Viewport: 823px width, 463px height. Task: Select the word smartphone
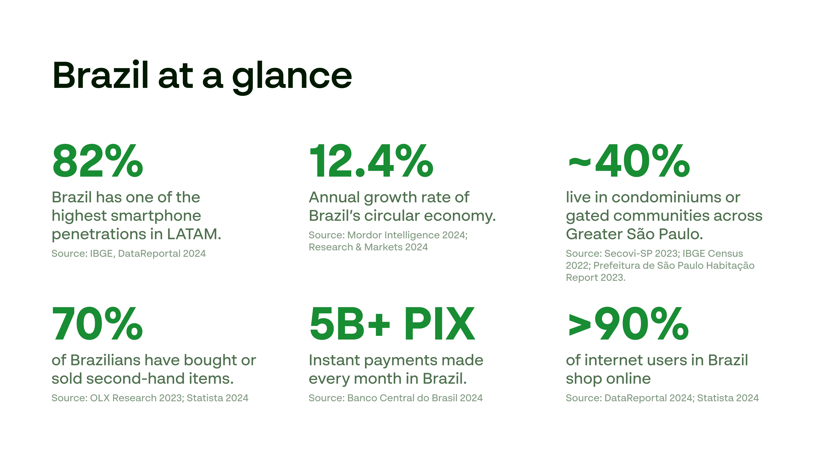(x=156, y=216)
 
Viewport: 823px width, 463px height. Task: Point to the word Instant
(x=334, y=360)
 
